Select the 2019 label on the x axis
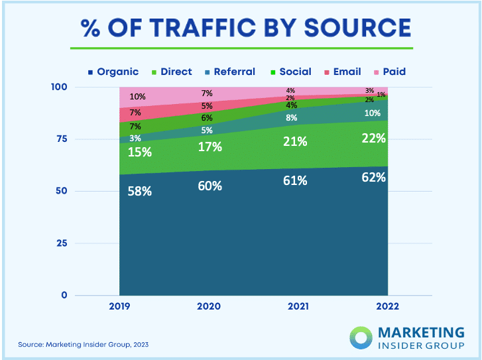(x=120, y=307)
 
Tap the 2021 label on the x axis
(x=298, y=307)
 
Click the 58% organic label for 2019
(x=141, y=192)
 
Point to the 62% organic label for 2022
(x=373, y=178)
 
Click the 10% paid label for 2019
(x=137, y=97)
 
